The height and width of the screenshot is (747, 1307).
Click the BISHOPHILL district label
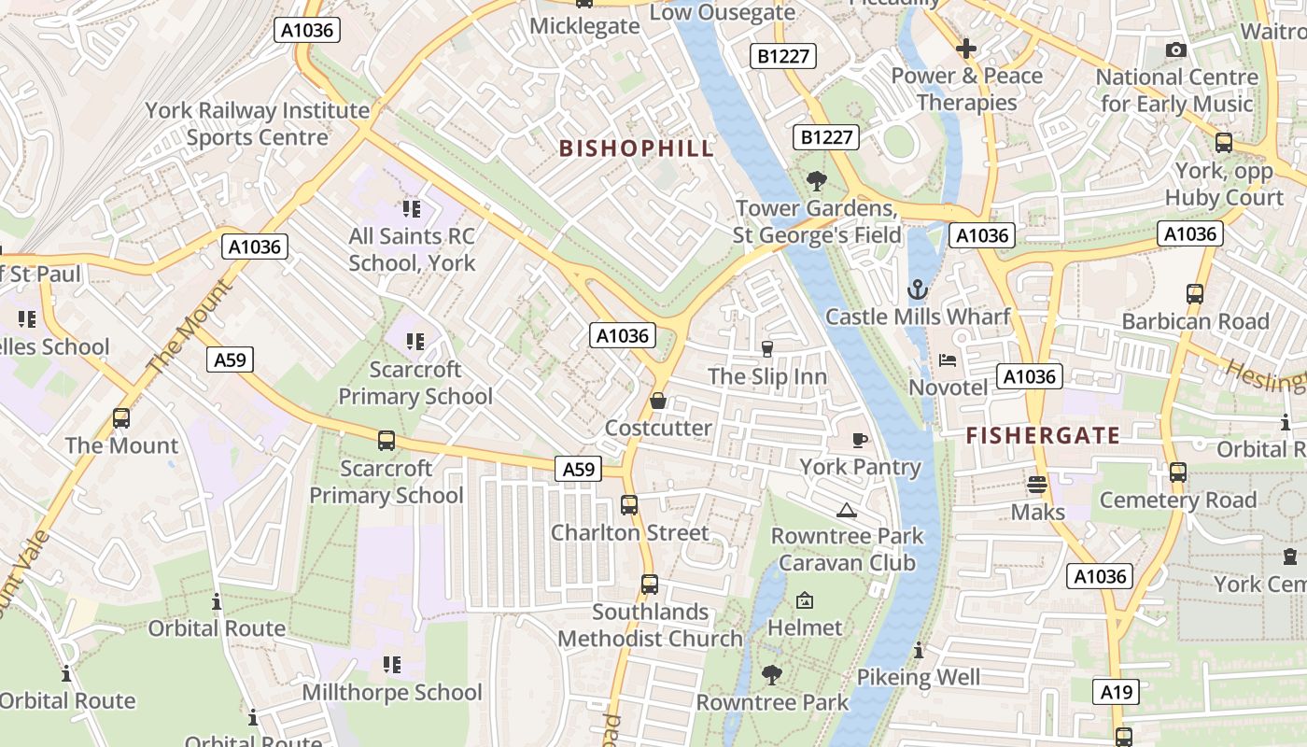click(636, 148)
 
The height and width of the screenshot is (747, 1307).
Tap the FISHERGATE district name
click(1043, 435)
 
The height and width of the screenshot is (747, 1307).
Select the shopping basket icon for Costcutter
click(658, 401)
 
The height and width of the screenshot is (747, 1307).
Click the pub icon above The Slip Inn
click(767, 349)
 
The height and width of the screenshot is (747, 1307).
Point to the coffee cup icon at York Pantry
click(860, 439)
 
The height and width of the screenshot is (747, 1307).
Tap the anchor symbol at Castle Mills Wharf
click(918, 289)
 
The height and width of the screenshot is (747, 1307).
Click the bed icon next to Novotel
click(948, 359)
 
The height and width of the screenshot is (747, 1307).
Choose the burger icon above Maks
click(1037, 485)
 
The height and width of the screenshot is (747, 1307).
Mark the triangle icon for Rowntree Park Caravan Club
click(847, 510)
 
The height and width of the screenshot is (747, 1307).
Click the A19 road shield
click(1116, 692)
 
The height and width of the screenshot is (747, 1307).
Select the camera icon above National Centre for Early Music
click(1176, 49)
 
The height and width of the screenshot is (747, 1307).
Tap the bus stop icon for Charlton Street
click(629, 505)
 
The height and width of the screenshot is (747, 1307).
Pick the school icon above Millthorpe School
click(392, 665)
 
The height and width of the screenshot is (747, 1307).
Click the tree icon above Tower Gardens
click(817, 180)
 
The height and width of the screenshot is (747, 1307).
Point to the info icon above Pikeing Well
click(919, 650)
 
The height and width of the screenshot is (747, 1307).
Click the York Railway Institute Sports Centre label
click(257, 123)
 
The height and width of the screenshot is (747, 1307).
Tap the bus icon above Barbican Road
click(1194, 294)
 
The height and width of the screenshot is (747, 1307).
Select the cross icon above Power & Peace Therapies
click(966, 48)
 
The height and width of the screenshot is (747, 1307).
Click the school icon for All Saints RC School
click(412, 209)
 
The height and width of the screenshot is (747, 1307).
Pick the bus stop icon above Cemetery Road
click(1178, 472)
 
